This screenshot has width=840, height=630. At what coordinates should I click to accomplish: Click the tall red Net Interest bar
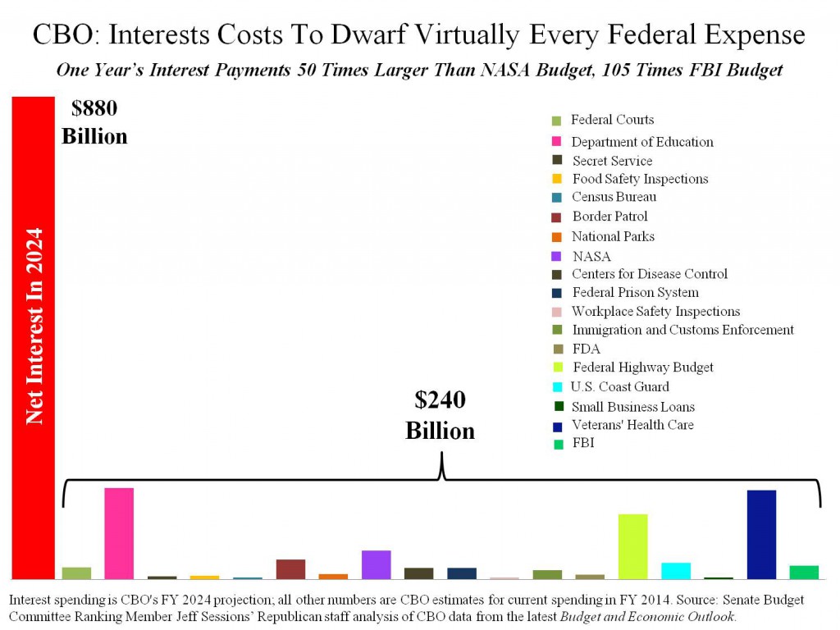(x=33, y=337)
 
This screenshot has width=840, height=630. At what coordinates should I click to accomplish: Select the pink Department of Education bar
(x=119, y=533)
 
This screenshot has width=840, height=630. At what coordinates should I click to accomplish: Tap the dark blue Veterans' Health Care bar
(x=761, y=534)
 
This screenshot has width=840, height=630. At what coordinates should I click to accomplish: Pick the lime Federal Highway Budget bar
(x=632, y=546)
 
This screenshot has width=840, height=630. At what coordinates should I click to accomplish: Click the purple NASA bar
(x=376, y=564)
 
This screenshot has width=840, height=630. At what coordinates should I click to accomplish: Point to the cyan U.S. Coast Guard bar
(x=676, y=570)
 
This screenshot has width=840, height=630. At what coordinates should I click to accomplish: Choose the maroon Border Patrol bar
(x=290, y=568)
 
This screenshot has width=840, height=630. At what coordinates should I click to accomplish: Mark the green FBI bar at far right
(x=804, y=572)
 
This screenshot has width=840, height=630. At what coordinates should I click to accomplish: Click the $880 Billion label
(x=94, y=121)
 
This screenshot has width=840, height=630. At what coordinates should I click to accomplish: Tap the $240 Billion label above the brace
(x=440, y=415)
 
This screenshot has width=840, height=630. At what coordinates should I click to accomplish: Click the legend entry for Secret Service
(x=612, y=161)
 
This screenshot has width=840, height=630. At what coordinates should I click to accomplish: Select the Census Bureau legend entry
(x=614, y=197)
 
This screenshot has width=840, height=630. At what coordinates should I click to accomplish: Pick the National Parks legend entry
(x=613, y=236)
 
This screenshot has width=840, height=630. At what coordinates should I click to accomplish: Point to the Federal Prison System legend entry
(x=635, y=292)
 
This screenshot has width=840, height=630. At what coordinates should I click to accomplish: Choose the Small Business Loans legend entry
(x=633, y=407)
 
